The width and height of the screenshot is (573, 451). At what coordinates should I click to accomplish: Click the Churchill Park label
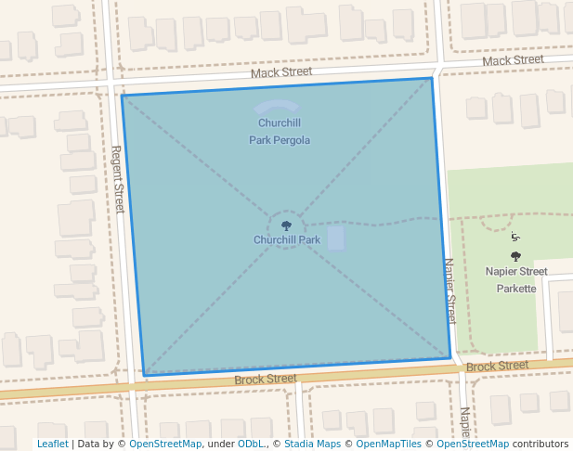(x=287, y=239)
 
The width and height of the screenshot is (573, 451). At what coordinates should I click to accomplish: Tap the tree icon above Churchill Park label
(x=287, y=225)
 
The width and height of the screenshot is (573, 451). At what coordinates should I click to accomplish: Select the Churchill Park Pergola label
(x=280, y=132)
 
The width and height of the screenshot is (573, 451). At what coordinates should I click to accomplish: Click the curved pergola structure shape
(x=277, y=107)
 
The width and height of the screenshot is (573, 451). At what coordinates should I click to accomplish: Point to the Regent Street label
(x=118, y=179)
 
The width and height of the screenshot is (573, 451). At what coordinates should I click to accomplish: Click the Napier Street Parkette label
(x=516, y=279)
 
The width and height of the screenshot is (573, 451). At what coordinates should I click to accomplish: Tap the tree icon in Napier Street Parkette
(x=515, y=256)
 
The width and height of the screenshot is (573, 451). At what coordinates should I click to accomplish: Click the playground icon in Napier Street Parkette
(x=515, y=238)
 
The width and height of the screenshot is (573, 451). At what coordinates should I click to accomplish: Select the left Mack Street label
(x=281, y=71)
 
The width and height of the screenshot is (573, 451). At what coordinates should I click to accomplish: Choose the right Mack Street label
(x=513, y=60)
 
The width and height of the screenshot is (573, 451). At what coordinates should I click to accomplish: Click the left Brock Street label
(x=265, y=379)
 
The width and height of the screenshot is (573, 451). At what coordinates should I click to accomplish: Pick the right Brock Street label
(x=497, y=366)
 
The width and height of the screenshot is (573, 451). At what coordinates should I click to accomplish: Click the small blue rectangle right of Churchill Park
(x=335, y=238)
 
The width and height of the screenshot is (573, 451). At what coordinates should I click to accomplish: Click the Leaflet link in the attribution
(x=52, y=444)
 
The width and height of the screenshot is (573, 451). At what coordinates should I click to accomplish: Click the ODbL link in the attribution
(x=251, y=444)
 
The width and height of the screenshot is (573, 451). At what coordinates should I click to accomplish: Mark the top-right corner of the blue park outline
(x=433, y=78)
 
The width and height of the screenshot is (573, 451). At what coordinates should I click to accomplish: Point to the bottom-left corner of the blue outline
(x=145, y=375)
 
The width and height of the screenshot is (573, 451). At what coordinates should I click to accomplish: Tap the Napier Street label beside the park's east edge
(x=450, y=290)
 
